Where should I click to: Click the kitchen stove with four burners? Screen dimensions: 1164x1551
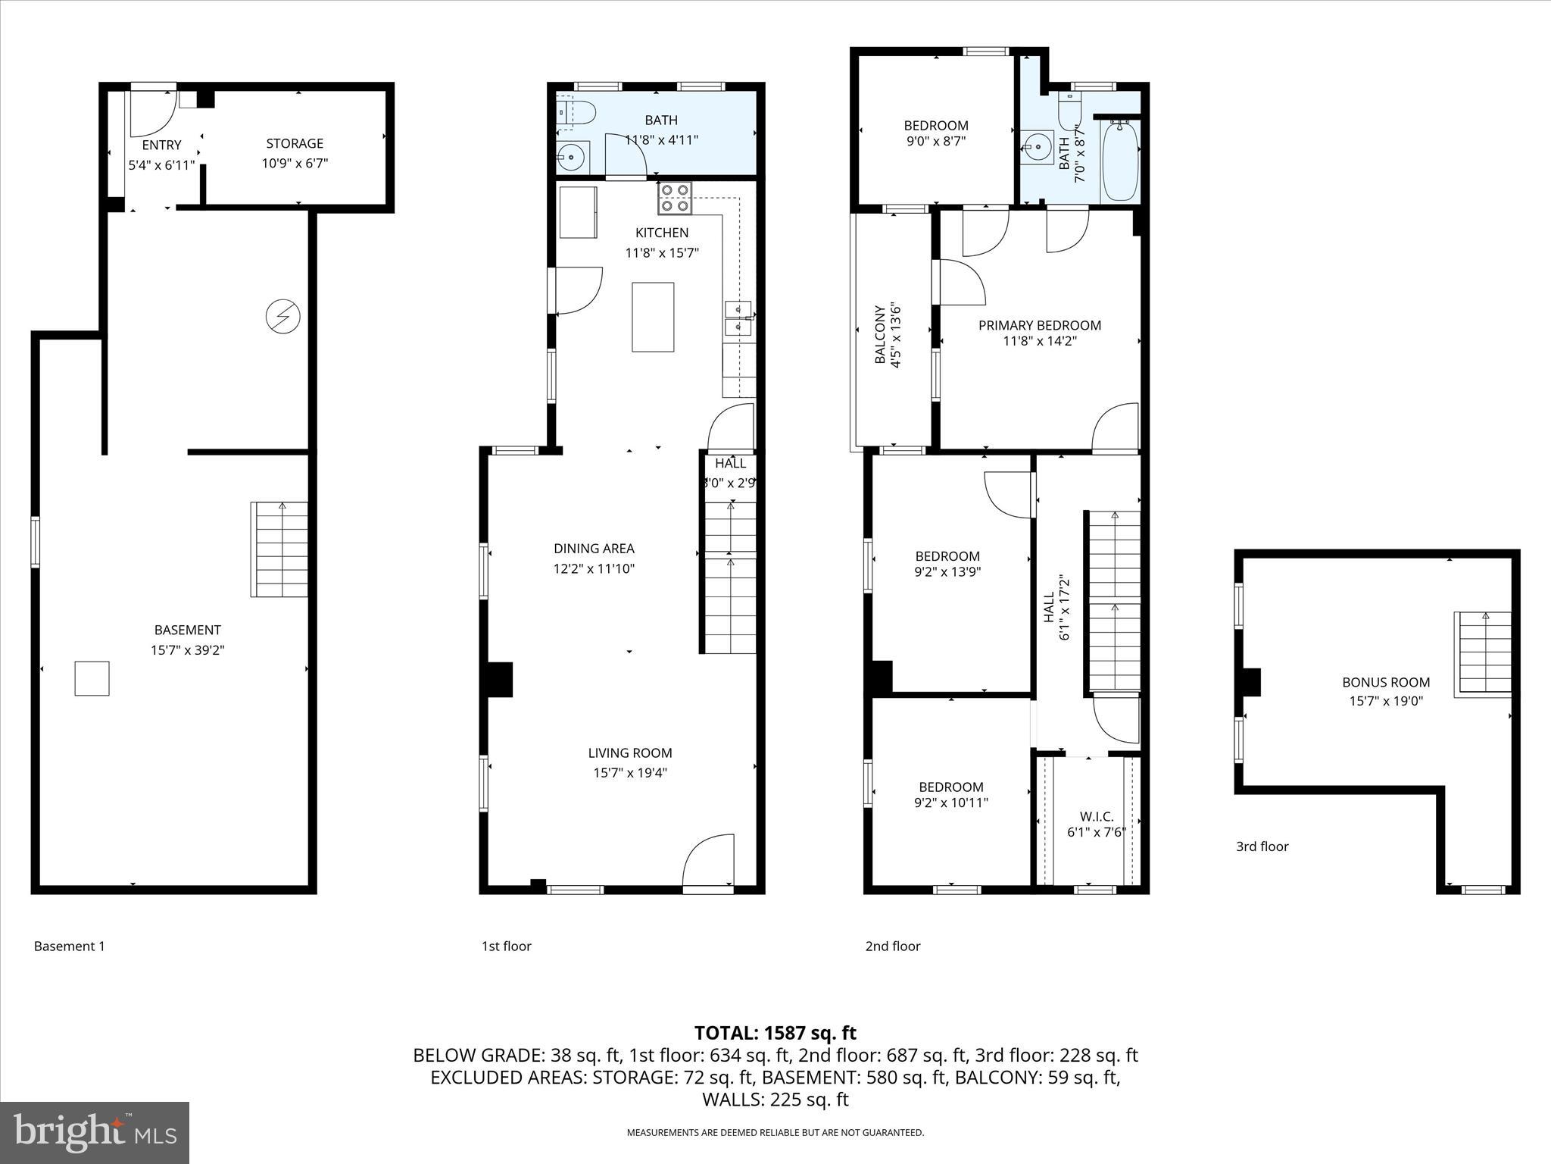[675, 197]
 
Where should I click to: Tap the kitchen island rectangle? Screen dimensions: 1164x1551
[653, 317]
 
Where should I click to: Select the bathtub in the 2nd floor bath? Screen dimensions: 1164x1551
[1120, 160]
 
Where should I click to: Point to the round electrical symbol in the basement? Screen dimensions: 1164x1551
[283, 316]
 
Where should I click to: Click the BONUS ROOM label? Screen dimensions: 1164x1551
[1386, 682]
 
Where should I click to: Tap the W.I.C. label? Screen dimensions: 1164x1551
[1096, 816]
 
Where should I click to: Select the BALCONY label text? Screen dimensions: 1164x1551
[880, 335]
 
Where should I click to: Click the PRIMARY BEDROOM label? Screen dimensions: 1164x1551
[1039, 325]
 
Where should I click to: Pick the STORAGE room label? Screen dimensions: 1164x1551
[295, 143]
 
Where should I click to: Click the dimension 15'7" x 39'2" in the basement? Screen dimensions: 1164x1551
[187, 649]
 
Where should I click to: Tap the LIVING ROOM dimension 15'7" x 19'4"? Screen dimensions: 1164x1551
[629, 773]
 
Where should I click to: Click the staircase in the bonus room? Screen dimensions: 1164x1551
[1482, 654]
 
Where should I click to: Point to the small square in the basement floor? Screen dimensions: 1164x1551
[92, 678]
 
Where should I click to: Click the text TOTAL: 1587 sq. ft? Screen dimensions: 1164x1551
[775, 1033]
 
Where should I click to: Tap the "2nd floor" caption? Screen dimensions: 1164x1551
[893, 946]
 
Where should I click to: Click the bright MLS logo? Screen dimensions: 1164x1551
[95, 1133]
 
